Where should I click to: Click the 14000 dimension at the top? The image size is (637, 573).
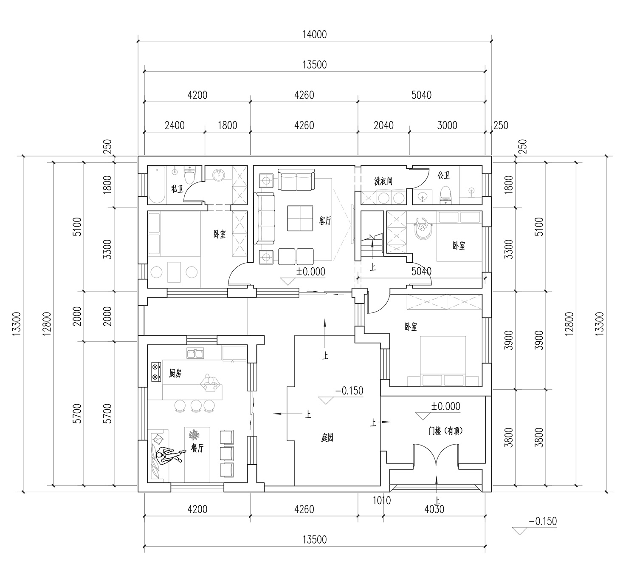[314, 34]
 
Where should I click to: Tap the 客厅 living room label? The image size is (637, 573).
[325, 221]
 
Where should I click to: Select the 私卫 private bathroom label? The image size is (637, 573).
[177, 189]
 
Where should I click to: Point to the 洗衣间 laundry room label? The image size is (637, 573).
[383, 181]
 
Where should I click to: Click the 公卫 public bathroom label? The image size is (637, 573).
[443, 175]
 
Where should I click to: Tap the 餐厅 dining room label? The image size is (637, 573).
[197, 448]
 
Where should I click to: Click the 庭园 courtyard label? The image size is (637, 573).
[327, 438]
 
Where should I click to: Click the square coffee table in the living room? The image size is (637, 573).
[300, 218]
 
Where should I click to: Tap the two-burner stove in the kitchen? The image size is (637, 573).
[155, 372]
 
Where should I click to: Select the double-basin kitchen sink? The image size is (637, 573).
[195, 353]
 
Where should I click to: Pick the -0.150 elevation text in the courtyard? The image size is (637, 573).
[349, 391]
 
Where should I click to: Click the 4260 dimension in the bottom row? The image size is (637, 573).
[304, 509]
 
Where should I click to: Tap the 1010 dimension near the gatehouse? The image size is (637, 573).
[382, 501]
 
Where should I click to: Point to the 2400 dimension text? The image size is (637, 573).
[175, 125]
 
